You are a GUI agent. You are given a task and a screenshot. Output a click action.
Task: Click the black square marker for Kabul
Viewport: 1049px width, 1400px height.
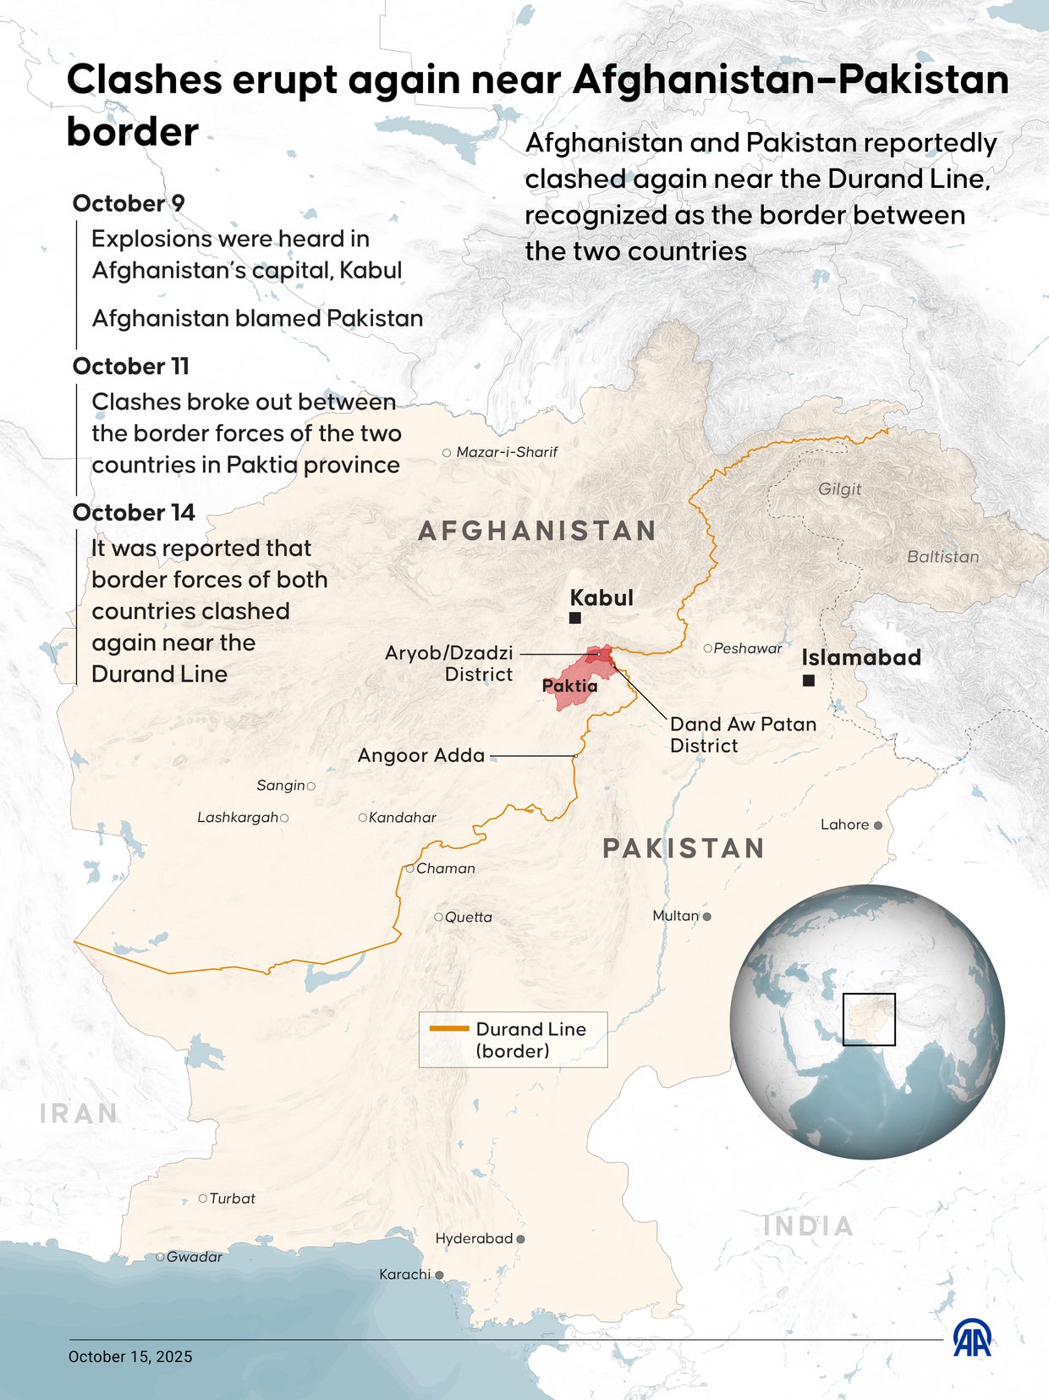pos(575,618)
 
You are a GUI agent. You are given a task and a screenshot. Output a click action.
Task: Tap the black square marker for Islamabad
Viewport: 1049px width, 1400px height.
pos(809,681)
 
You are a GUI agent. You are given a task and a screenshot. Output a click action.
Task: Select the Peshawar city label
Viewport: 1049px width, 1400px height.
pos(748,648)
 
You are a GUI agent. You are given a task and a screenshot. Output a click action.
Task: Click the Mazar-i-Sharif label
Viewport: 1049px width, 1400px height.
pos(507,452)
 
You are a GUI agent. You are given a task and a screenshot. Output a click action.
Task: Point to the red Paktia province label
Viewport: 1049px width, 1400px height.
pos(569,686)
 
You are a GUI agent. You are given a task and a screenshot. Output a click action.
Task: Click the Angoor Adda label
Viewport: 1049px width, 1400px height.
pos(421,755)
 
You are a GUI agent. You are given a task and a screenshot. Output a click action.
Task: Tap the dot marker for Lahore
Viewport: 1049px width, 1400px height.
pos(878,825)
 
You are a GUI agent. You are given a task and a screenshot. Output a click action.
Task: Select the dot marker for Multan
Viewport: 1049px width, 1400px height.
pos(707,916)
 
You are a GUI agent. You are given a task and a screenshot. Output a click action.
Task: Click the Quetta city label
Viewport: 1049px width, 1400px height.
pos(468,918)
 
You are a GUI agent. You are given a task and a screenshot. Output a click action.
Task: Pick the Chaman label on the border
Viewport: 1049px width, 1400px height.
pos(445,868)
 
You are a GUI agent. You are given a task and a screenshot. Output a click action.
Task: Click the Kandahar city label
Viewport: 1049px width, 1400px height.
pos(403,818)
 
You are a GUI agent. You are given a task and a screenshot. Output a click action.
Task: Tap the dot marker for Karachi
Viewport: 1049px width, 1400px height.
pos(439,1275)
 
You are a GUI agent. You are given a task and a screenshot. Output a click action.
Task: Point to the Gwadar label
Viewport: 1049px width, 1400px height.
pos(195,1257)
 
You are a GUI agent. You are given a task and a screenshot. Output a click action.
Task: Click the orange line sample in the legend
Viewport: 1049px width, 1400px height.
pos(449,1028)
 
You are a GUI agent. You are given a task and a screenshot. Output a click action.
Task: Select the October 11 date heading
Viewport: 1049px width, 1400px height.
pos(131,367)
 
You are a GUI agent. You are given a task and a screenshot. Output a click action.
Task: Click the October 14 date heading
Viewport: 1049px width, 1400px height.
pos(134,513)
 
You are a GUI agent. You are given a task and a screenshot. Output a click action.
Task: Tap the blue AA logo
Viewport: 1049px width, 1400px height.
pos(972,1338)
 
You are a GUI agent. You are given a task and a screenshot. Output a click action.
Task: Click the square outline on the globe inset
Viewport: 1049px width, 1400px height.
pos(869,1020)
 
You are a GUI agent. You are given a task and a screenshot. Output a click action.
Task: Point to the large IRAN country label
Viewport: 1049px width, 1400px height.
pos(79,1113)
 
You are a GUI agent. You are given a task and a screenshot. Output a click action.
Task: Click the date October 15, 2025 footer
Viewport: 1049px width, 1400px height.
pos(130,1357)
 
